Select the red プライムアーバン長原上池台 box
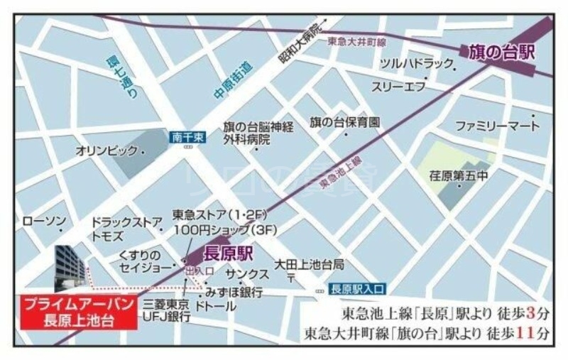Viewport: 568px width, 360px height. coord(77,311)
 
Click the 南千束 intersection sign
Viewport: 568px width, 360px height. coord(187,138)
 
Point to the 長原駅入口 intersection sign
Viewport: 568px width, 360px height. coord(357,288)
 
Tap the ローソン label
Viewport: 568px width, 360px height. coord(44,222)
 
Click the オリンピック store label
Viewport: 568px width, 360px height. coord(108,152)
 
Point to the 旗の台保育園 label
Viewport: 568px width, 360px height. coord(344,122)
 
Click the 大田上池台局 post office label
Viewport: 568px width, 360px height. coord(310,264)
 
